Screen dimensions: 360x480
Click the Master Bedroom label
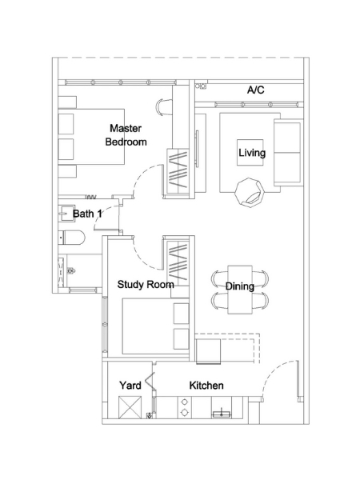coord(126,135)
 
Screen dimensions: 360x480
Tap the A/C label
coord(256,90)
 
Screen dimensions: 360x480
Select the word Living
coord(252,153)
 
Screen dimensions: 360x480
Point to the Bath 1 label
coord(87,214)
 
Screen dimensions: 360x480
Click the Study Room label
coord(146,285)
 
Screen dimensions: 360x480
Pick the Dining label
coord(240,286)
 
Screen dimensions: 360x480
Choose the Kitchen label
coord(206,386)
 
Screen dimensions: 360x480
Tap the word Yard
coord(130,386)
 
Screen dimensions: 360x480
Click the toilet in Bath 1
coord(72,238)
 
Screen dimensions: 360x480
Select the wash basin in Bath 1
coord(66,214)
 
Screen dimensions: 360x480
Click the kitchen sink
coord(222,413)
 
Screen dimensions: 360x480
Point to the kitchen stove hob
coord(185,407)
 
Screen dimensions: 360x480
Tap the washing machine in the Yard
coord(130,407)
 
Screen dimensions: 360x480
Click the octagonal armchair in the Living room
coord(250,192)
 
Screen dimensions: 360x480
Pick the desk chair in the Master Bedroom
coord(165,107)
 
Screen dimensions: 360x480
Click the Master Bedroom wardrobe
coord(178,171)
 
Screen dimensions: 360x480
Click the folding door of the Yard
coord(150,381)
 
